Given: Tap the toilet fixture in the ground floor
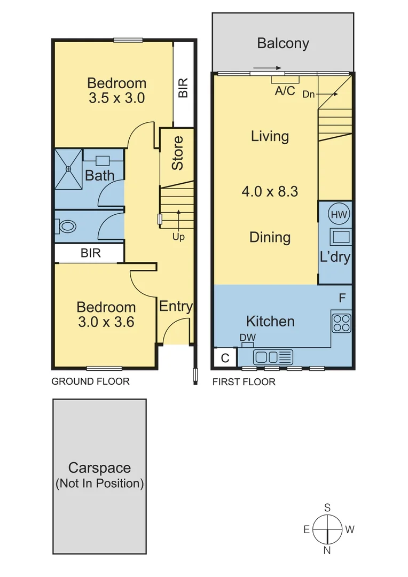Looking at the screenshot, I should click(x=67, y=227).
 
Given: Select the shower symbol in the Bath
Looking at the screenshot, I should click(x=69, y=169).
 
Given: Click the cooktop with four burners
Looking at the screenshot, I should click(x=342, y=322).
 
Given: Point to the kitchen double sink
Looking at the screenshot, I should click(x=273, y=356).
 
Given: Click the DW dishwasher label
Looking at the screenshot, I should click(x=248, y=337).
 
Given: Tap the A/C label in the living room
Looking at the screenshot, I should click(x=285, y=91).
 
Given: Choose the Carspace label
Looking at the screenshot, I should click(x=99, y=468).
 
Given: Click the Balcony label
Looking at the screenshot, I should click(x=283, y=43).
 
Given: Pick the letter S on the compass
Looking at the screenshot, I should click(x=327, y=508).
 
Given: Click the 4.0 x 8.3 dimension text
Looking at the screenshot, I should click(x=270, y=191).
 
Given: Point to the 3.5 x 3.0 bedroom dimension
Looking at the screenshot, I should click(x=116, y=98).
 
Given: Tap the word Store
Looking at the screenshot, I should click(x=177, y=153).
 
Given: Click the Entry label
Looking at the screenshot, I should click(x=176, y=306).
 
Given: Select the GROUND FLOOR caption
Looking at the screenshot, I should click(x=90, y=381).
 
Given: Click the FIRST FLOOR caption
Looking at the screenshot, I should click(x=244, y=382).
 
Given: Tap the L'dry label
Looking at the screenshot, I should click(x=335, y=257).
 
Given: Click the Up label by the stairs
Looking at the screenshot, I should click(x=178, y=237).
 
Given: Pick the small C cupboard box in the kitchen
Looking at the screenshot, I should click(x=225, y=358).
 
